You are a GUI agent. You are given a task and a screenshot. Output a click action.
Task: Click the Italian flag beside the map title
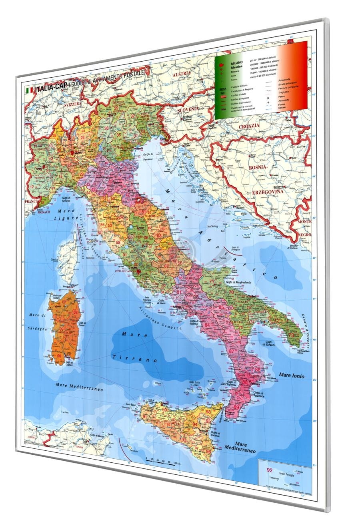(29, 91)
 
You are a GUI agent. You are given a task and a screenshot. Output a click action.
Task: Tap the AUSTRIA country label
(182, 74)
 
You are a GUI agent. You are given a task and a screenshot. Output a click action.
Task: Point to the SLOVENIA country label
(188, 109)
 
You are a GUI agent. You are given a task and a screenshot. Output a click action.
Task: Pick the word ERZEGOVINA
(267, 191)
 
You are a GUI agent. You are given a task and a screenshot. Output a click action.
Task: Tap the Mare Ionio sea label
(292, 375)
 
